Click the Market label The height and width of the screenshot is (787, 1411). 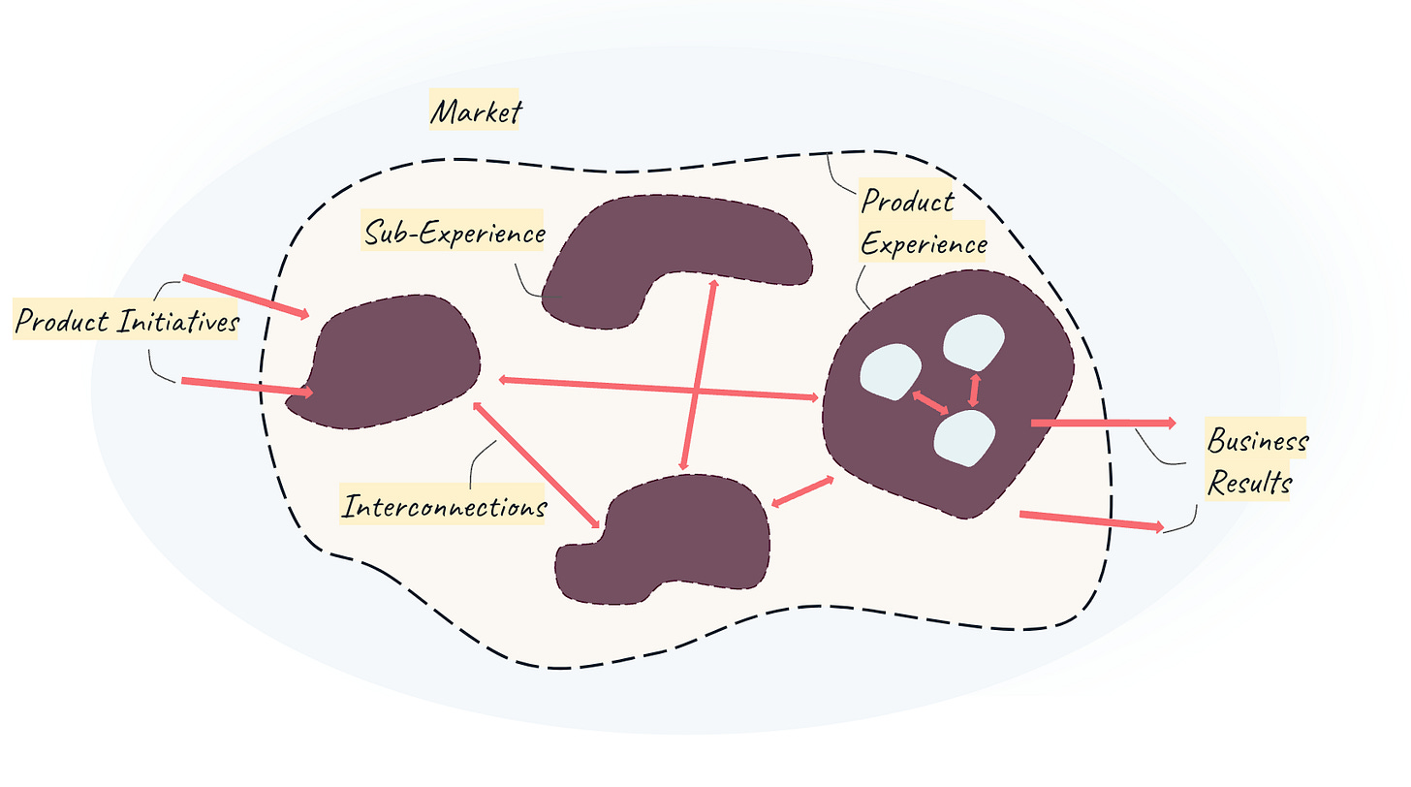(x=475, y=111)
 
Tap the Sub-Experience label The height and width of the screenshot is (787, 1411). (x=454, y=233)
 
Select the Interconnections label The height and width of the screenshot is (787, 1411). (x=444, y=506)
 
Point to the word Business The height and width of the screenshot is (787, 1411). (x=1257, y=441)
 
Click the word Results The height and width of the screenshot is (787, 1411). (x=1249, y=482)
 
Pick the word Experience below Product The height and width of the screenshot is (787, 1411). (x=924, y=243)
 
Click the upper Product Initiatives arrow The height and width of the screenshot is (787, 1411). (x=246, y=297)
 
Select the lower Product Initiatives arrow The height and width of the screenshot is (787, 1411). (x=247, y=387)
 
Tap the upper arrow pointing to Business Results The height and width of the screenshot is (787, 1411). (x=1103, y=424)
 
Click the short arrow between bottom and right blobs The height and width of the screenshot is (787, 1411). (x=802, y=491)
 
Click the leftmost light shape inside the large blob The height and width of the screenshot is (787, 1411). (x=891, y=372)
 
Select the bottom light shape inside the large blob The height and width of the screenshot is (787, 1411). (x=964, y=438)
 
